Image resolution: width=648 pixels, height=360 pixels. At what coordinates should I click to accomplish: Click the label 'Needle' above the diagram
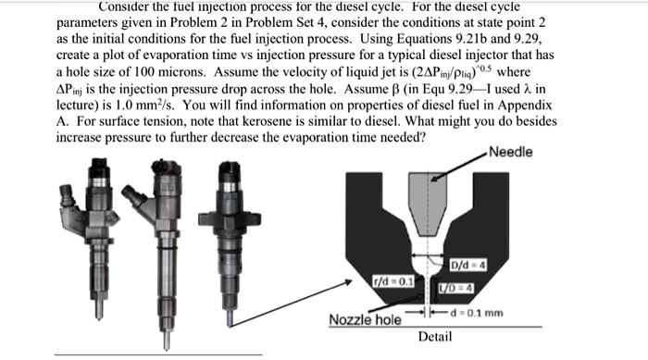point(510,152)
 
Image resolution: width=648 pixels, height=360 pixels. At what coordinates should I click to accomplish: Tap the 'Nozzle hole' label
point(365,320)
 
